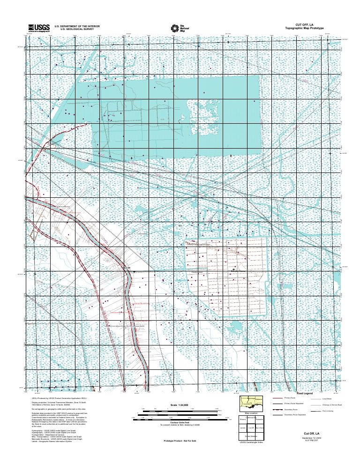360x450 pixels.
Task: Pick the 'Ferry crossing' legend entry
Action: tap(328, 411)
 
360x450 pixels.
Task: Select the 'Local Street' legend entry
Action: tap(327, 397)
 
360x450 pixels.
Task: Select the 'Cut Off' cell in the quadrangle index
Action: tap(251, 427)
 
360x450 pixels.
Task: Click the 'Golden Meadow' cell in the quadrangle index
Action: tap(251, 436)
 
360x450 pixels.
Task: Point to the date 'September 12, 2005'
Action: tap(311, 438)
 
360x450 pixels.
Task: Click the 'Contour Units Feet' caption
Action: tap(180, 422)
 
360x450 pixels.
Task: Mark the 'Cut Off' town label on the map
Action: tap(125, 268)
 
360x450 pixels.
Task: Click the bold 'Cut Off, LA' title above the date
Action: tap(311, 433)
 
